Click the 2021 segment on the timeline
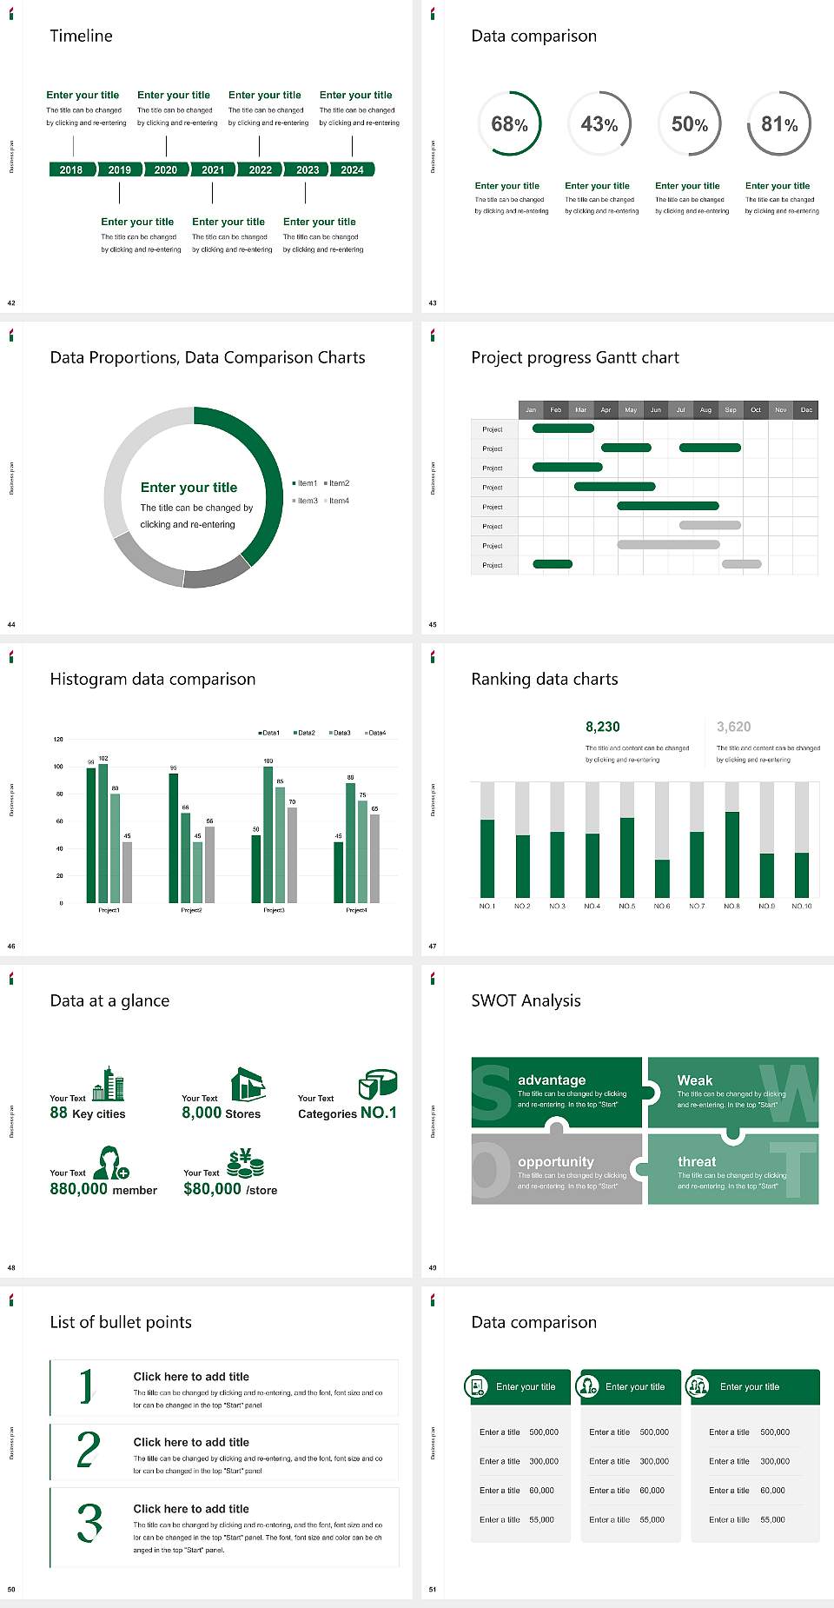point(213,169)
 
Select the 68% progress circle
point(509,124)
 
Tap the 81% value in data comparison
point(779,124)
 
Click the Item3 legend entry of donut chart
point(306,501)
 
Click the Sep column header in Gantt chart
point(731,409)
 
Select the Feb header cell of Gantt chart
point(556,409)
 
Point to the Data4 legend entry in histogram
point(375,733)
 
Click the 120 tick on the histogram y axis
point(58,740)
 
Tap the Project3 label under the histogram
point(274,910)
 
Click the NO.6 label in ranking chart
point(662,906)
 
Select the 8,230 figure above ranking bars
point(602,727)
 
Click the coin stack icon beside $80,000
point(246,1163)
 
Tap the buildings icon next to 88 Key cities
point(109,1084)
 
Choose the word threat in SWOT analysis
point(697,1161)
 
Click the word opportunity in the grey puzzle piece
point(556,1161)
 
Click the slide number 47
point(433,946)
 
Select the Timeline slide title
point(81,36)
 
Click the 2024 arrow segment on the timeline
point(352,169)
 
